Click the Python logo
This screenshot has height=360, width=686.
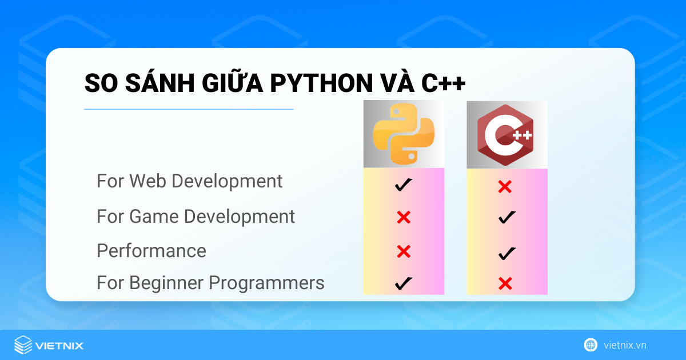404,135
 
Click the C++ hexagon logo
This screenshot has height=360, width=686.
506,135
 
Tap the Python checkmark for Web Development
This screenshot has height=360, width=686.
404,185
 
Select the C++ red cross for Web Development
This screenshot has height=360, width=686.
504,186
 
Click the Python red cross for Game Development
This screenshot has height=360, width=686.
404,217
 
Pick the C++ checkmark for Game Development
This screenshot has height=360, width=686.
506,217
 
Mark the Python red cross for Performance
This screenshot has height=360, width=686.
404,251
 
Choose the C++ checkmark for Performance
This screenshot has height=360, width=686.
506,253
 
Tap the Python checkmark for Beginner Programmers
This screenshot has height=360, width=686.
404,283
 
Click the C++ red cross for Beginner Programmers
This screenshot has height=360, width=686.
504,283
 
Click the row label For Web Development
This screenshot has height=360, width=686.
189,181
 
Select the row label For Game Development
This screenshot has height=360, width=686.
196,217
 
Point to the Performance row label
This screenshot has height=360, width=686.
151,251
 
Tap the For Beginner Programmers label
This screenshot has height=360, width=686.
210,283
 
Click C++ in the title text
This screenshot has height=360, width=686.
444,83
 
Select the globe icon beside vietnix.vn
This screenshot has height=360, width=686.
591,345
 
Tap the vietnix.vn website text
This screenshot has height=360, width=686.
625,345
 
